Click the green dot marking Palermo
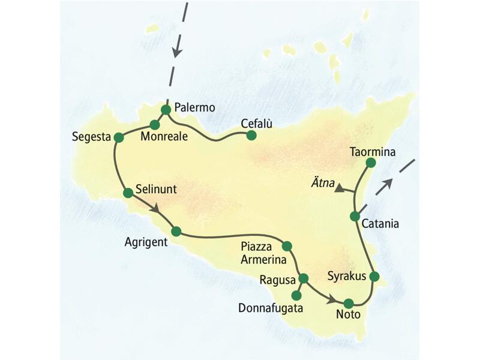point(166,109)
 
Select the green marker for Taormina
point(370,163)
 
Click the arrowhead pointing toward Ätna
point(340,188)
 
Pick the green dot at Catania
point(355,216)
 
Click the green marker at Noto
point(348,303)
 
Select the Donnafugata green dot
point(295,295)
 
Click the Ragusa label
point(277,280)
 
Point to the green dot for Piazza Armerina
point(287,245)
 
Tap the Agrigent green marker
point(176,231)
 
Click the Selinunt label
point(155,188)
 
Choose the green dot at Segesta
point(119,137)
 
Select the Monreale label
point(164,137)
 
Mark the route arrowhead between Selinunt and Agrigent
point(157,209)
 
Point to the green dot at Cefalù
point(251,136)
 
